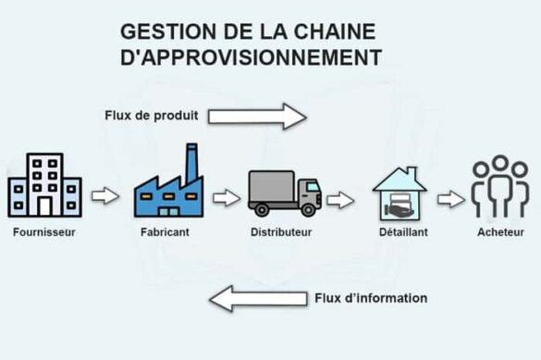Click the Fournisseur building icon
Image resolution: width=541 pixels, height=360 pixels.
point(44,185)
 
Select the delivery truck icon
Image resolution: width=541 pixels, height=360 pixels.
point(283,193)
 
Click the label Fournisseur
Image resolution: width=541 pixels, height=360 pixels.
point(44,232)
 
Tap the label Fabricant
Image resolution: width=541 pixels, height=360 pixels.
point(167,232)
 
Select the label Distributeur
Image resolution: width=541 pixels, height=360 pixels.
point(282,232)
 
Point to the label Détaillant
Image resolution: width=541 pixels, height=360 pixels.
point(403,232)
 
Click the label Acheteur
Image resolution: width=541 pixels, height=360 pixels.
point(502,232)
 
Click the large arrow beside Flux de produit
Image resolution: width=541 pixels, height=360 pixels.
point(256,116)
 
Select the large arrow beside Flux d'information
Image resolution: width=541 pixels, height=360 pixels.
point(258,298)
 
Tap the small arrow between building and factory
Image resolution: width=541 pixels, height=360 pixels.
point(105,196)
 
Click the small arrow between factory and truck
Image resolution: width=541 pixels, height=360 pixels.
point(227,197)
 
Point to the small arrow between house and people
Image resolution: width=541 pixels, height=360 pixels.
point(450,198)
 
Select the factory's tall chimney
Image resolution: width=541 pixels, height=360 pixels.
point(192,164)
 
